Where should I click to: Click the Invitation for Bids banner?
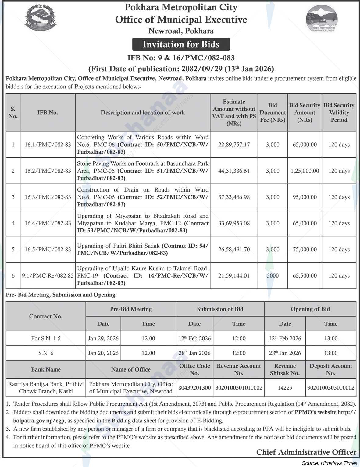pos(181,44)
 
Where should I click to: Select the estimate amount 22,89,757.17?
pos(234,145)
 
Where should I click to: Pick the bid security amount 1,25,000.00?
pos(305,171)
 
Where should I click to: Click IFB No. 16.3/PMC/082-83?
pos(48,197)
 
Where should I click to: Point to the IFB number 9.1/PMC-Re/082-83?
pos(48,276)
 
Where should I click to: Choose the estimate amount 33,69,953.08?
pos(234,223)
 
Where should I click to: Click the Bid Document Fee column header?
pos(273,113)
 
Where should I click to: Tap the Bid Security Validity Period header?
pos(339,113)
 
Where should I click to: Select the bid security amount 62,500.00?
pos(305,276)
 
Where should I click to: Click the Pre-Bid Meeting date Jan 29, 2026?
pos(103,338)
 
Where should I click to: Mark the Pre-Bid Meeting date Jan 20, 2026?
pos(103,353)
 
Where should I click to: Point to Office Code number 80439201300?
pos(194,388)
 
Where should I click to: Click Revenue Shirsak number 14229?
pos(285,388)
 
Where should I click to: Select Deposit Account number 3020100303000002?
pos(331,388)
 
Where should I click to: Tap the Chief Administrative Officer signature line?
pos(306,452)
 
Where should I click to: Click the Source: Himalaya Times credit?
pos(329,463)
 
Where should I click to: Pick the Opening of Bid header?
pos(310,309)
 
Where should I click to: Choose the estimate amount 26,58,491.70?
pos(234,250)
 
